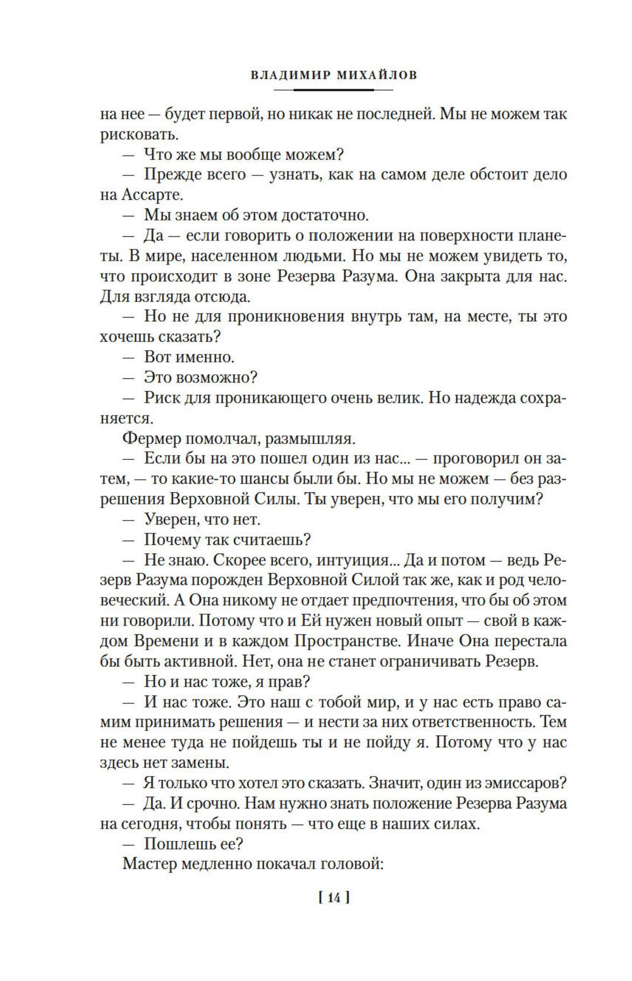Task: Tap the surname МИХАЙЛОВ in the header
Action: coord(378,75)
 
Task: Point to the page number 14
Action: coord(334,896)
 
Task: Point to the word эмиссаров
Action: coord(528,783)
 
